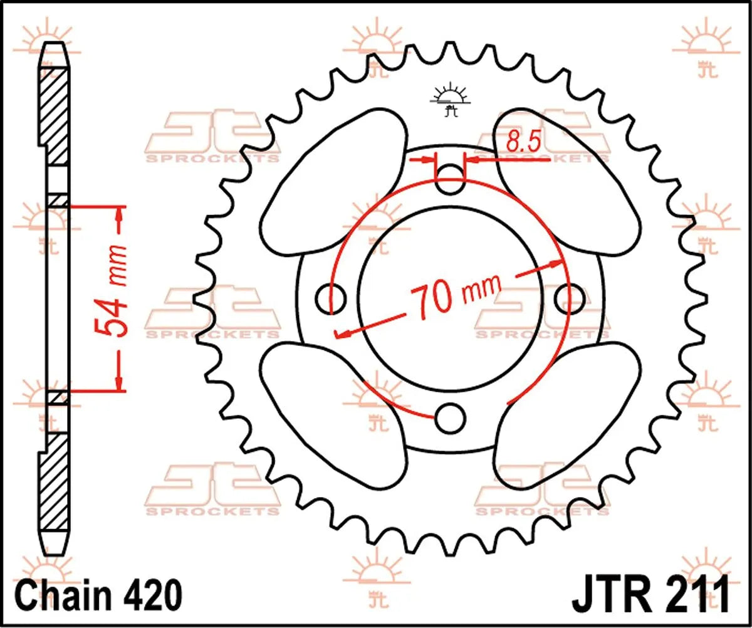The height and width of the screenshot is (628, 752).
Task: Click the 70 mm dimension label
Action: (x=455, y=295)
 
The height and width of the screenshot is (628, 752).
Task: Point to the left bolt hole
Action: (x=330, y=299)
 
